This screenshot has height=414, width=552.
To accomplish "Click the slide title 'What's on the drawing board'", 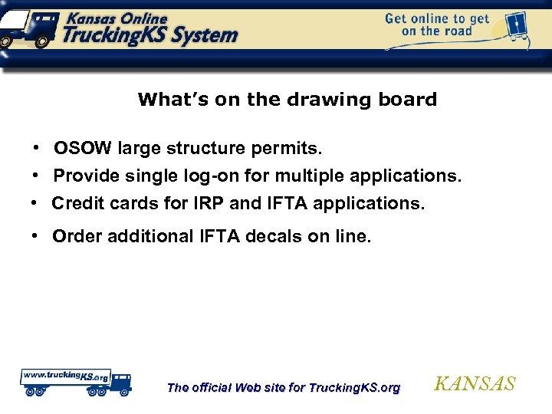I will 287,100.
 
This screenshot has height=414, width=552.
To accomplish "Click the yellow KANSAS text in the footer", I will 475,384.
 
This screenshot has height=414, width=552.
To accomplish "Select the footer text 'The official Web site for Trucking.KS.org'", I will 283,388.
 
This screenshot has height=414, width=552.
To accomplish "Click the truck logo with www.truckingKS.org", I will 75,381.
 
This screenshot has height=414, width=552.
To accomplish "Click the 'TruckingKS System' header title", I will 150,34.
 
